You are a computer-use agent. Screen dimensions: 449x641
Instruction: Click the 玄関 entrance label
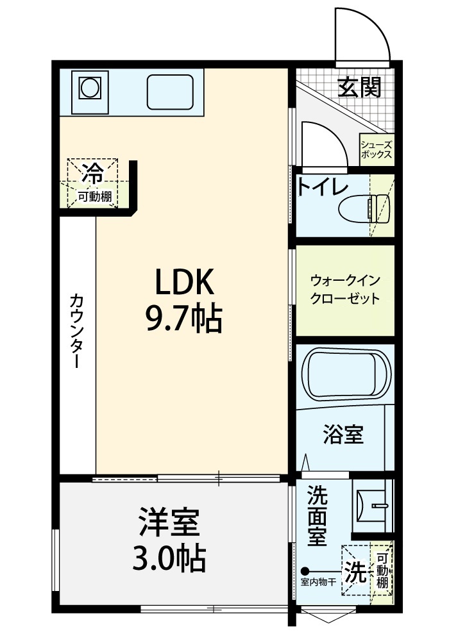(x=359, y=87)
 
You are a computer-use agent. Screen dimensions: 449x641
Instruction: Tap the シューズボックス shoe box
(x=377, y=149)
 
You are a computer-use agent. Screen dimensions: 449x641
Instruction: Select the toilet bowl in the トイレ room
(x=364, y=209)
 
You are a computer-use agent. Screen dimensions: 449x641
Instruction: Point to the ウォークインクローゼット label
(x=345, y=290)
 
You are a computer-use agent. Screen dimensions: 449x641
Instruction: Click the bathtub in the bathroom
(x=346, y=374)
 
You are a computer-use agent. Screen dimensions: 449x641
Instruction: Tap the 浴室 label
(x=343, y=435)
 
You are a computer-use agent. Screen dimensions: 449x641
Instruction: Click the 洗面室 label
(x=318, y=515)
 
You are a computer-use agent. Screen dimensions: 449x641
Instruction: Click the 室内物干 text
(x=318, y=582)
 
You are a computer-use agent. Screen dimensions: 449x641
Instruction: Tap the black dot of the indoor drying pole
(x=305, y=570)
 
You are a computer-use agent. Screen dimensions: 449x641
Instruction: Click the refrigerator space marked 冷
(x=93, y=174)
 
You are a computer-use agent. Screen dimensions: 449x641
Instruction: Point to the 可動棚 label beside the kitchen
(x=95, y=197)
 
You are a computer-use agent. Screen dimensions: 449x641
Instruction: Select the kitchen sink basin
(x=170, y=92)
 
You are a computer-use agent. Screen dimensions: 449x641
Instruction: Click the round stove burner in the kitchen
(x=90, y=88)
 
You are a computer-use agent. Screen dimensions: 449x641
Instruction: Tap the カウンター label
(x=77, y=331)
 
